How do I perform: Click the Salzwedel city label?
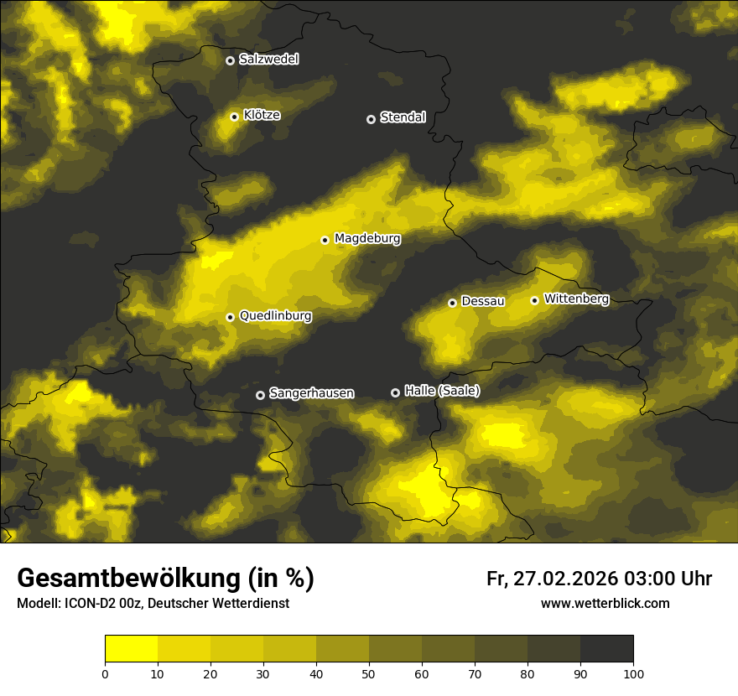click(268, 60)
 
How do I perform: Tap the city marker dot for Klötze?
click(234, 117)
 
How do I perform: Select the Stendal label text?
click(403, 117)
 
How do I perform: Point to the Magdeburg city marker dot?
click(325, 240)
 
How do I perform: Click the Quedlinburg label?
click(275, 316)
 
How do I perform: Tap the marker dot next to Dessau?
click(452, 303)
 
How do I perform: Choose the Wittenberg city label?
click(576, 299)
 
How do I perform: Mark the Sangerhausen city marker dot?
click(260, 395)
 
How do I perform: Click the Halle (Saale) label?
click(442, 391)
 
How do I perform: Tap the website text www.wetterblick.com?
click(605, 604)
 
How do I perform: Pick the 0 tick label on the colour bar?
click(105, 673)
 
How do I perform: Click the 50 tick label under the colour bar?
click(369, 673)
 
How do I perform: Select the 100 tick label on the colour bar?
click(633, 673)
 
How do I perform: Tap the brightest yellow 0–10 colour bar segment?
click(131, 649)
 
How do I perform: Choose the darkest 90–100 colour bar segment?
click(606, 649)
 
